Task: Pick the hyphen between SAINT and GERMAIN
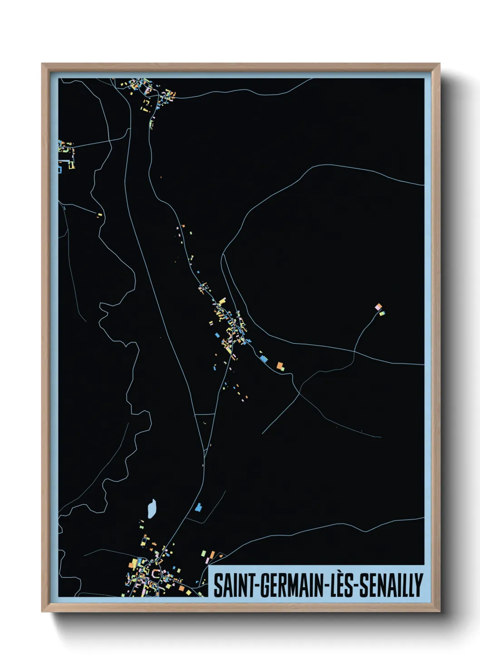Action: click(254, 586)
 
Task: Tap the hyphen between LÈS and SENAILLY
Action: click(356, 586)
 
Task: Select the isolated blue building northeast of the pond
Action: click(198, 507)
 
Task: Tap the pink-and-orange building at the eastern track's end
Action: click(378, 307)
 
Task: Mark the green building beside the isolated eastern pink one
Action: click(382, 313)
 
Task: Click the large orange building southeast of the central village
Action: click(280, 365)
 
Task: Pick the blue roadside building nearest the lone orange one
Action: click(264, 359)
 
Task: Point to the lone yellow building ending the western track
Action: click(99, 214)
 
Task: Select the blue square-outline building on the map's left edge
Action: click(59, 170)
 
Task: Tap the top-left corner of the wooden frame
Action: click(42, 64)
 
